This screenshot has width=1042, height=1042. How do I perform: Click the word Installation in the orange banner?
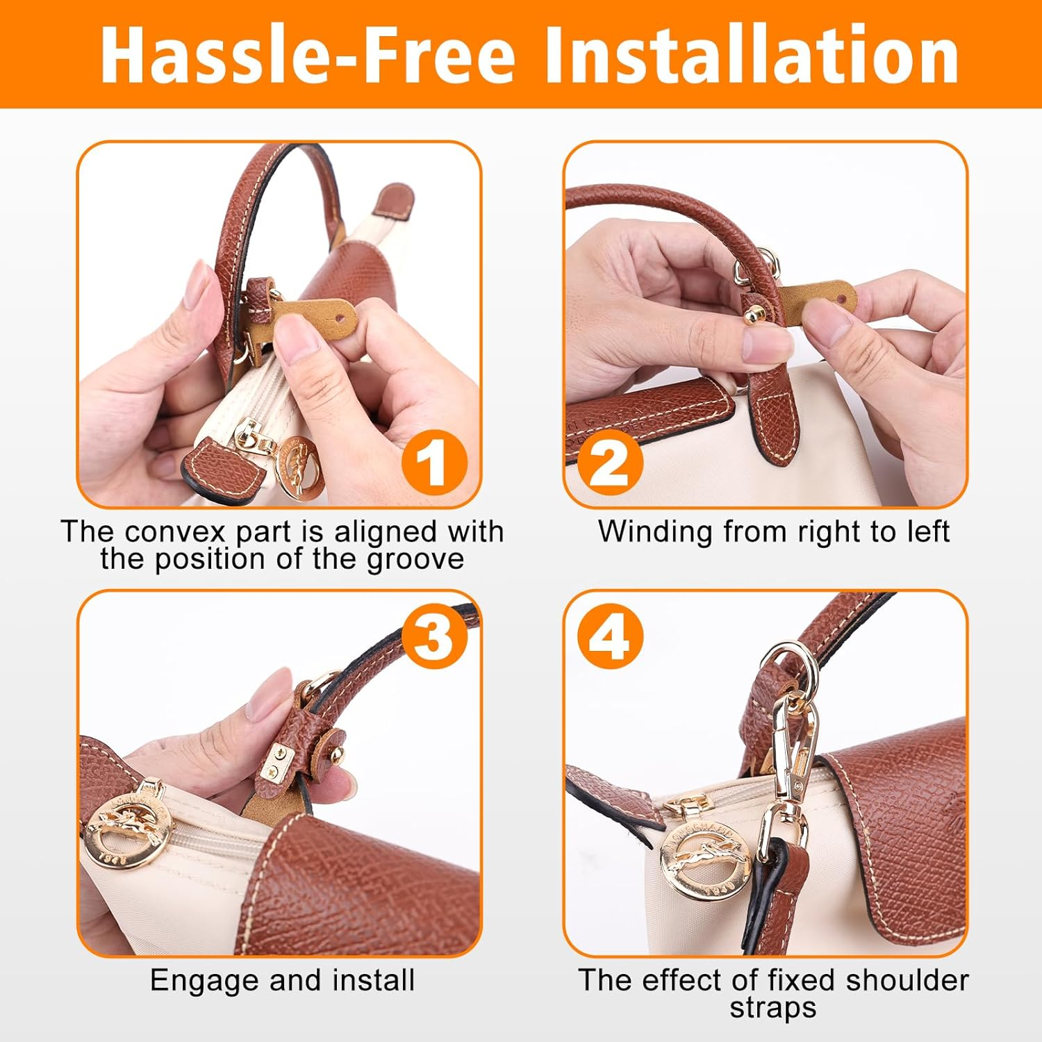752,56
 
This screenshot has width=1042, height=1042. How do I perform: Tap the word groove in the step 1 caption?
415,560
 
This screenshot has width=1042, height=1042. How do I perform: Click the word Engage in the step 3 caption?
204,981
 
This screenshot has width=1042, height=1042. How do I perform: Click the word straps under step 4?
772,1009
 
